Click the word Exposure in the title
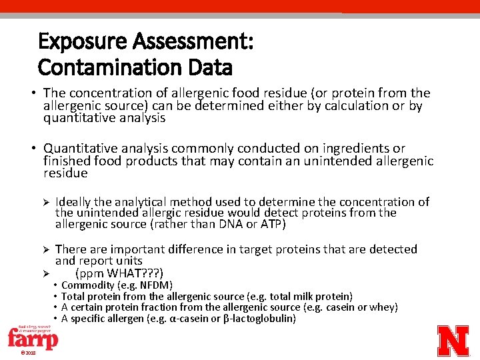(82, 42)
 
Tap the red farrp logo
(32, 337)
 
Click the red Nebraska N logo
(453, 341)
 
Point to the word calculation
(351, 106)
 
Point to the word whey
(383, 307)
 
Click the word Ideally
(74, 202)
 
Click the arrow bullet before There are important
(46, 250)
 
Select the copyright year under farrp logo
(27, 353)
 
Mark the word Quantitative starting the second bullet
(77, 149)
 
